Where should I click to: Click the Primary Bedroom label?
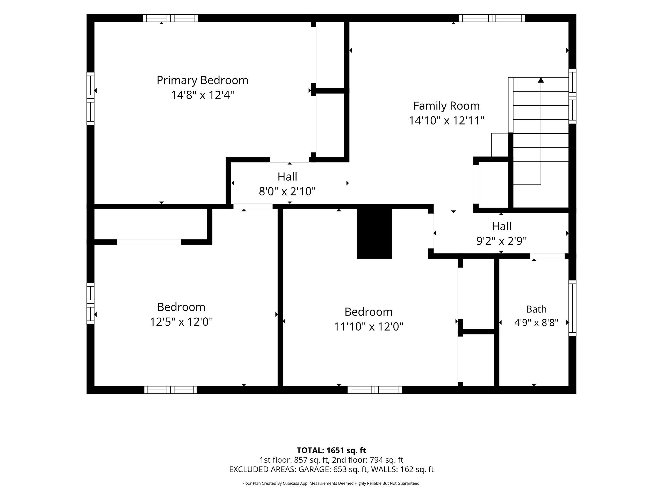tap(202, 80)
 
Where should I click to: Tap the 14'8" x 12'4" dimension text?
tap(202, 95)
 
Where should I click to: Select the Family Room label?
tap(446, 106)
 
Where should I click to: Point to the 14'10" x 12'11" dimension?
tap(446, 120)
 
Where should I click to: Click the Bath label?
tap(536, 309)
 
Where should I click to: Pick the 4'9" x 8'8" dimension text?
tap(536, 323)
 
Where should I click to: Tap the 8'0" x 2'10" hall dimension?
tap(287, 191)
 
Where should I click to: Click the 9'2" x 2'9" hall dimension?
tap(501, 241)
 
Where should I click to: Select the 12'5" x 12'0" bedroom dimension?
tap(181, 322)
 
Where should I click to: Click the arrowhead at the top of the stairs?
tap(541, 80)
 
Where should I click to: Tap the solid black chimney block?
tap(374, 233)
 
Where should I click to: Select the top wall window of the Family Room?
tap(492, 18)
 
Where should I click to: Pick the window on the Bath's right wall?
tap(572, 308)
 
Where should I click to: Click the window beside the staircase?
tap(572, 96)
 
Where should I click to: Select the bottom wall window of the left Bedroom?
tap(171, 390)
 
